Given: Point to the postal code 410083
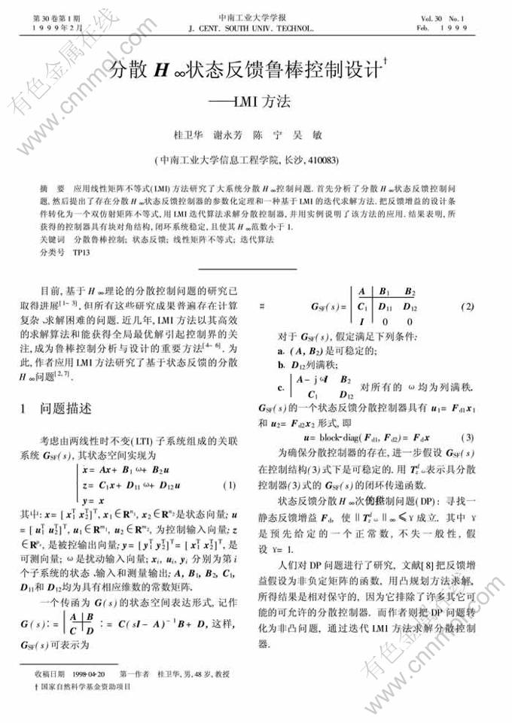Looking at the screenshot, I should (x=322, y=159).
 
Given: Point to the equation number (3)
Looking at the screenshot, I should (x=467, y=437).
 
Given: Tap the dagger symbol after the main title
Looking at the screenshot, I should (x=386, y=65).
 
